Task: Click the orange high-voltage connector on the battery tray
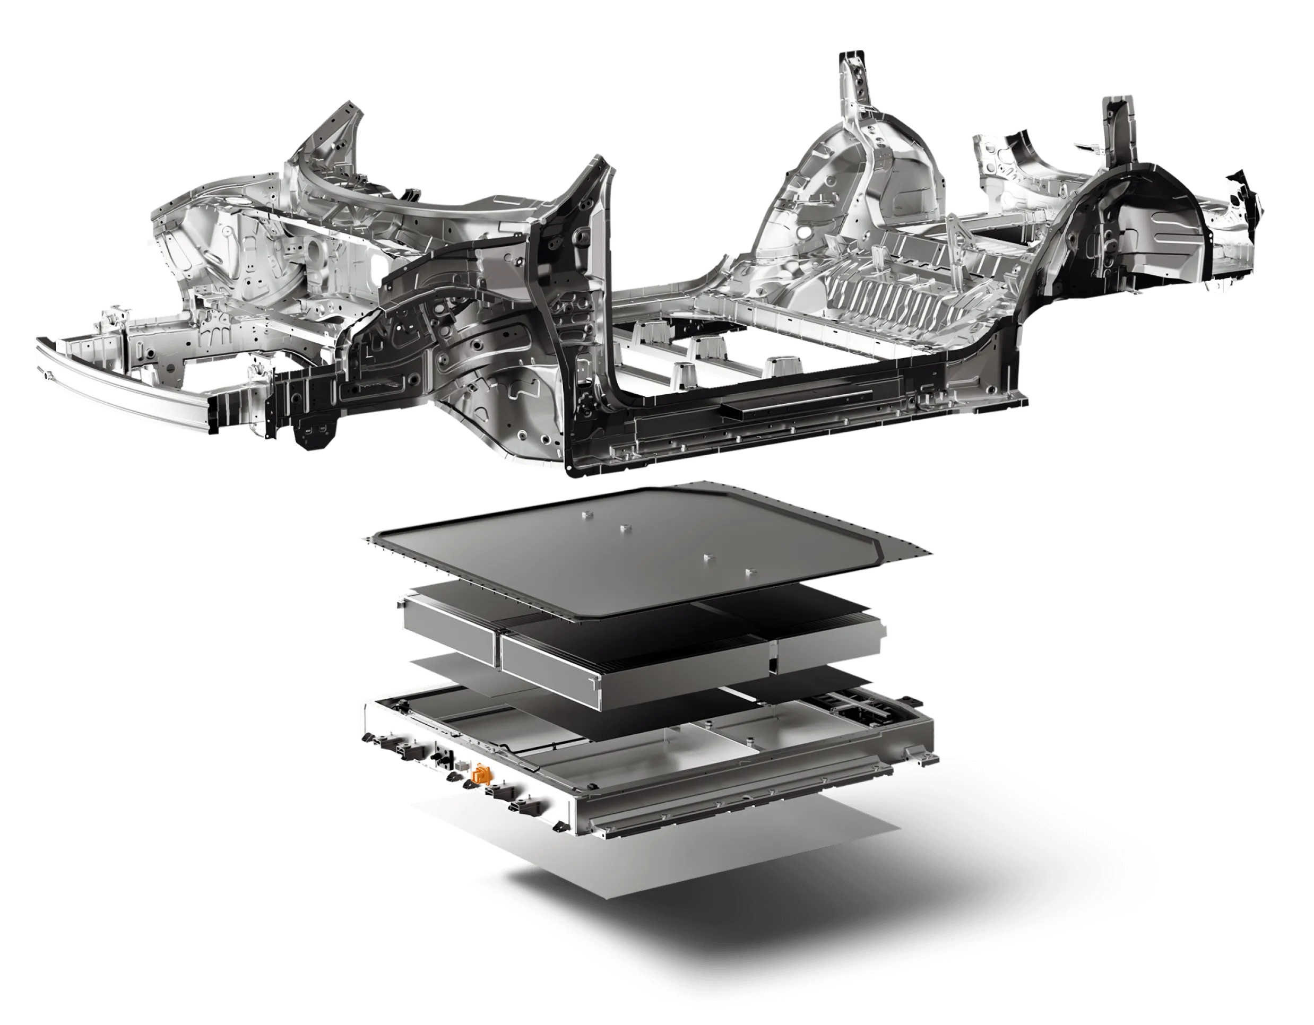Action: [x=481, y=774]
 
